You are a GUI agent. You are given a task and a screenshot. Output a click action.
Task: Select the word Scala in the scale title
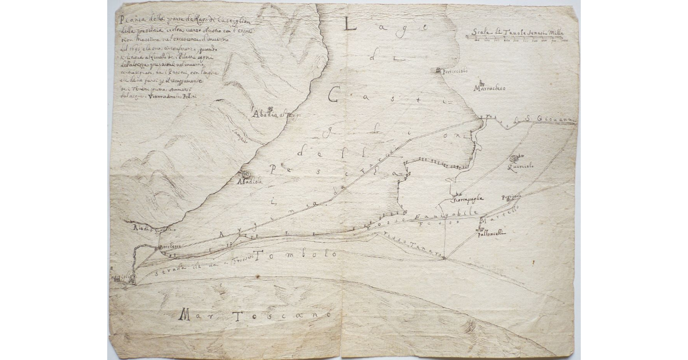click(477, 32)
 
